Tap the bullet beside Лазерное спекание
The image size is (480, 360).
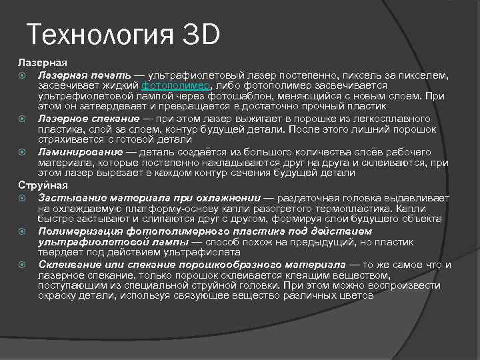[21, 118]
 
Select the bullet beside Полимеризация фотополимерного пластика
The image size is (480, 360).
[21, 230]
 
